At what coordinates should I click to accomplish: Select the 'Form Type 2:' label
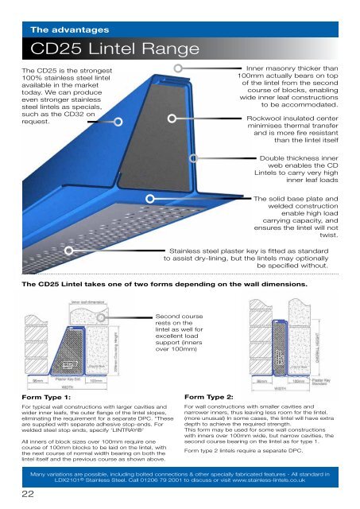click(209, 395)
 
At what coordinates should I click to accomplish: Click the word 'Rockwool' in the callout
click(269, 117)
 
